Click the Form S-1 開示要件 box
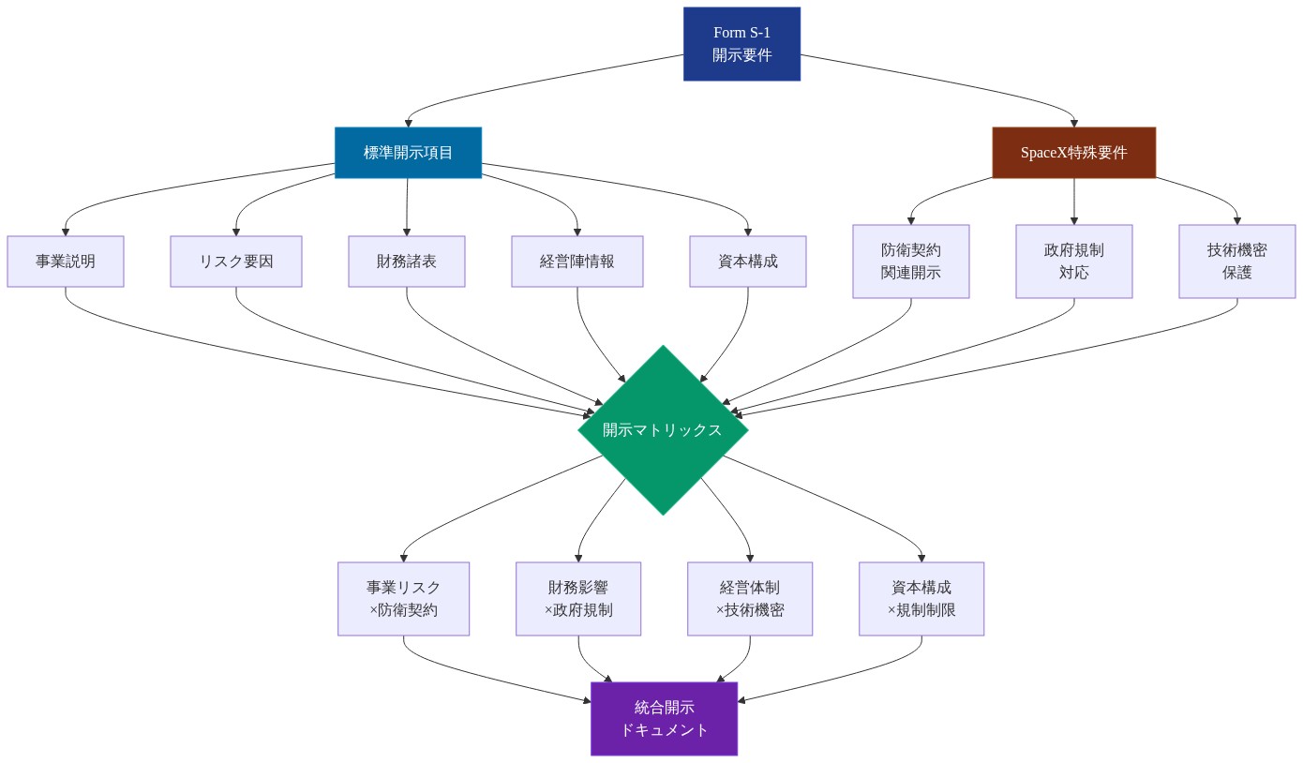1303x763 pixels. click(x=741, y=44)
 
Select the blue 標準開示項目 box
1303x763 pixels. click(x=408, y=152)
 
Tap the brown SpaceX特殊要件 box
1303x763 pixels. click(x=1073, y=152)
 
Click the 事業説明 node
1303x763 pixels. click(x=66, y=261)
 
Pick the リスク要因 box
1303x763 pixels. click(x=236, y=261)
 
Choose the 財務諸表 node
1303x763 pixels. click(x=407, y=261)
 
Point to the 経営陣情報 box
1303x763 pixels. click(x=577, y=261)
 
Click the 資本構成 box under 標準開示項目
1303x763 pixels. click(x=748, y=261)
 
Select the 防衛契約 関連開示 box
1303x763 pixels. click(x=911, y=262)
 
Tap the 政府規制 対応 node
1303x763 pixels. click(x=1074, y=262)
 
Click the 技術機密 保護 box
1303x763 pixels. click(x=1237, y=262)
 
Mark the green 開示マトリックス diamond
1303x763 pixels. click(x=663, y=430)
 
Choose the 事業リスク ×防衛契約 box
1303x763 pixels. click(x=404, y=599)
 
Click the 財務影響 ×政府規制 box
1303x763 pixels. click(x=578, y=599)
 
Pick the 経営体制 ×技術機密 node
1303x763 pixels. click(x=750, y=599)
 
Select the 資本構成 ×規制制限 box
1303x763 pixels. click(x=921, y=599)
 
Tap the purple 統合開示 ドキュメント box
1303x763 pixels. click(x=664, y=719)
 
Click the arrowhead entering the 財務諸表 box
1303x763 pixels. click(x=407, y=231)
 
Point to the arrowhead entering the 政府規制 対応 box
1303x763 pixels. click(x=1074, y=219)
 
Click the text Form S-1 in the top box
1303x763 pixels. click(x=741, y=33)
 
